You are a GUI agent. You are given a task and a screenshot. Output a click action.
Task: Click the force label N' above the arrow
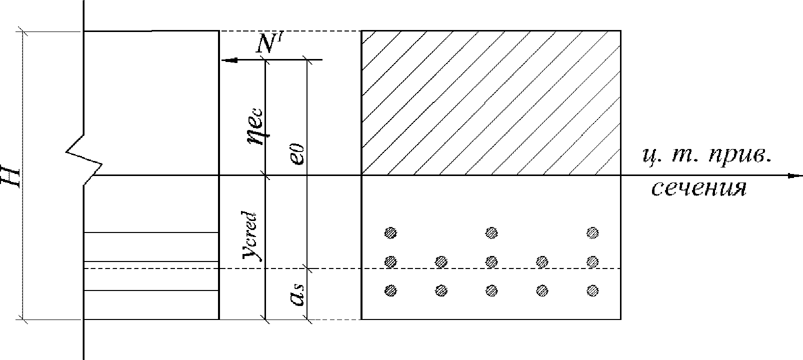pos(269,43)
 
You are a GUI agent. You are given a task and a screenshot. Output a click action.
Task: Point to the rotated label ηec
pos(257,127)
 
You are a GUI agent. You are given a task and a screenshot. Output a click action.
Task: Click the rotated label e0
pos(298,154)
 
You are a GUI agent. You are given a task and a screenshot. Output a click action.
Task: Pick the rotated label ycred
pos(250,236)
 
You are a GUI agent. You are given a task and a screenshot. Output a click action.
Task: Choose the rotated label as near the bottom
pos(297,294)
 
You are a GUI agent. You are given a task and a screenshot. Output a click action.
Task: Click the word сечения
pos(698,188)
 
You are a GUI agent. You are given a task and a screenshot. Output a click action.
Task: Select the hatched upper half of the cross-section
pos(491,103)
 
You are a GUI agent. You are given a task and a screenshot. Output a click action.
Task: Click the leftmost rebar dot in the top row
pos(390,233)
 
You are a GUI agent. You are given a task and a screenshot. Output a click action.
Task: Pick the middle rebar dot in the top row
pos(491,233)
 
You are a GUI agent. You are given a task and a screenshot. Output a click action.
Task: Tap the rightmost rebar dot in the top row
pos(592,233)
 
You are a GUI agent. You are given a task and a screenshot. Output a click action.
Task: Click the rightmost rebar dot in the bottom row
pos(592,290)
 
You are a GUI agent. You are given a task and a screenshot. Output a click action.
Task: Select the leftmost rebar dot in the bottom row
pos(390,290)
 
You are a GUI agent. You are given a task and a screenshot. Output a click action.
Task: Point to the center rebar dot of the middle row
pos(491,262)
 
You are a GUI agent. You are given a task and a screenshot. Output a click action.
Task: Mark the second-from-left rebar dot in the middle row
pos(441,262)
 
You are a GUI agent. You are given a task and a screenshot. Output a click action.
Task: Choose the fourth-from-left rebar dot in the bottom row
pos(542,290)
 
